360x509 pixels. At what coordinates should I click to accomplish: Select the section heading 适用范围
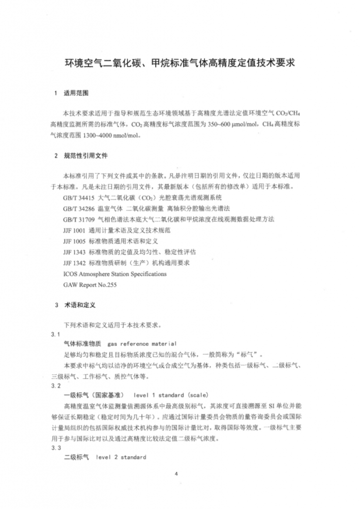(x=76, y=93)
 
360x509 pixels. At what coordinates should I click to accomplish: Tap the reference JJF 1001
(x=74, y=230)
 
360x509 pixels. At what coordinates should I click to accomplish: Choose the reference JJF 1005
(x=74, y=241)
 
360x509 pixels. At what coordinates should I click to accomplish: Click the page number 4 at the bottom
(x=176, y=473)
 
